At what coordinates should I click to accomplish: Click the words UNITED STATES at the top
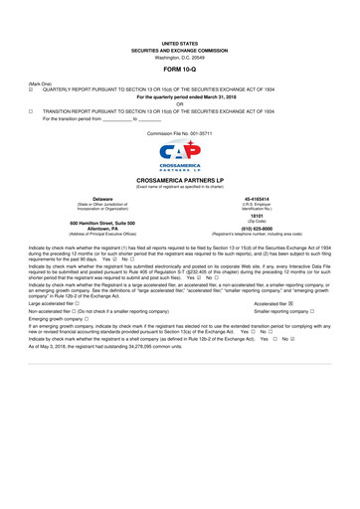(x=180, y=45)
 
